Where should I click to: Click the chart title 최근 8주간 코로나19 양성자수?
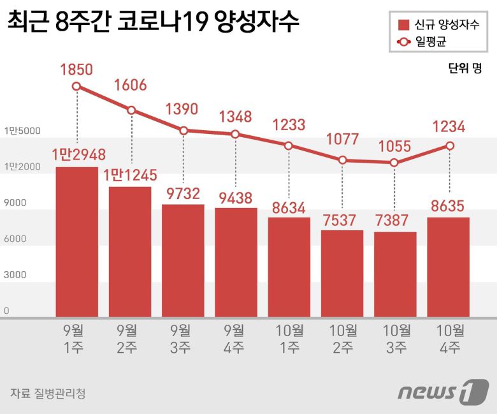(153, 24)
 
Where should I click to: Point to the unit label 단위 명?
(465, 69)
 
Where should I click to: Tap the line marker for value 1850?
(77, 87)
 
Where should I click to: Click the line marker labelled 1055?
(395, 163)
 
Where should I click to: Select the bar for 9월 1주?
(77, 242)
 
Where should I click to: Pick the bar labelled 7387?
(395, 274)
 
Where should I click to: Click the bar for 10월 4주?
(449, 267)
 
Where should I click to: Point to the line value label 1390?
(183, 109)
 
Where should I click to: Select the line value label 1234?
(449, 126)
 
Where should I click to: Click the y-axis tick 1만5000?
(22, 131)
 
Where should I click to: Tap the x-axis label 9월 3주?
(183, 339)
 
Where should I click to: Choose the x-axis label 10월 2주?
(342, 339)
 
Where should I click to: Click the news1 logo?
(443, 391)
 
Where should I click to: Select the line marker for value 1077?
(343, 160)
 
